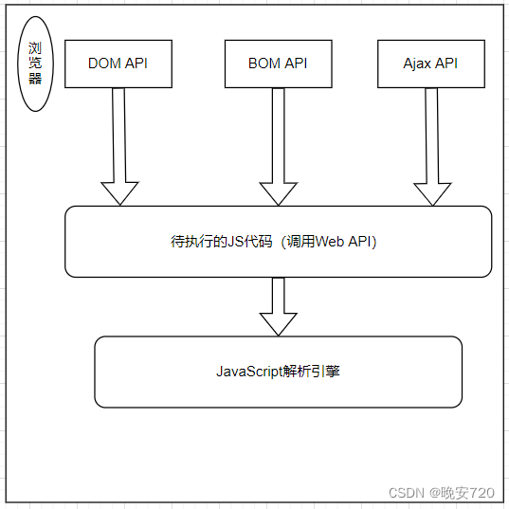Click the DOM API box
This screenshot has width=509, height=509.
118,64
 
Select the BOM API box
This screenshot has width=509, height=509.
278,64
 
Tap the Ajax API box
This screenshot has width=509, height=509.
431,64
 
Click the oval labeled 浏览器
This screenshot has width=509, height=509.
36,64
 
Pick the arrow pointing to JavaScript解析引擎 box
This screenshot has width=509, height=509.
279,305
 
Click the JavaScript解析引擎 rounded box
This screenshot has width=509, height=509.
279,372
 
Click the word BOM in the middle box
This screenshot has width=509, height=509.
264,64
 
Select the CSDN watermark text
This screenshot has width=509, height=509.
406,493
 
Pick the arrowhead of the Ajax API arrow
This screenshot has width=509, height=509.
432,193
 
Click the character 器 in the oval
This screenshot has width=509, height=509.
36,80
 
